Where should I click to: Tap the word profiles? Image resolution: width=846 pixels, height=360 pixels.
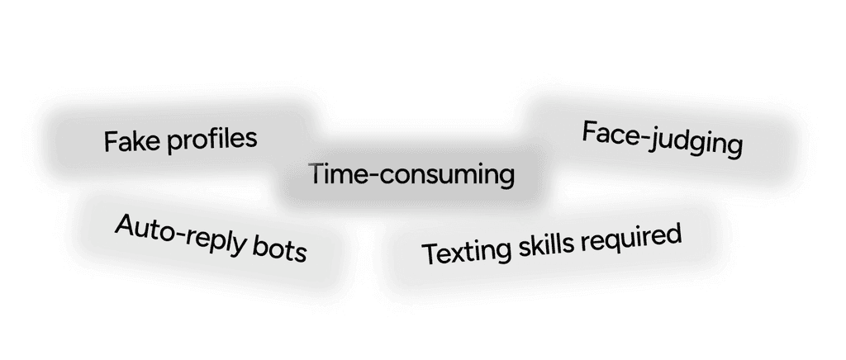[x=212, y=139]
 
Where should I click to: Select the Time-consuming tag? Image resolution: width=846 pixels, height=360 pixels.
[x=411, y=174]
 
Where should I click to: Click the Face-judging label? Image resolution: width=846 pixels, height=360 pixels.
[x=662, y=139]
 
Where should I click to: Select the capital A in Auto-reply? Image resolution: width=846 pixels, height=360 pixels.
[x=124, y=224]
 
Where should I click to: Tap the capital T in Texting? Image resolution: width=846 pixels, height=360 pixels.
[x=429, y=253]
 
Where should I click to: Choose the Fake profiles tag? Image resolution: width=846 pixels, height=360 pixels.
[x=180, y=140]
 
